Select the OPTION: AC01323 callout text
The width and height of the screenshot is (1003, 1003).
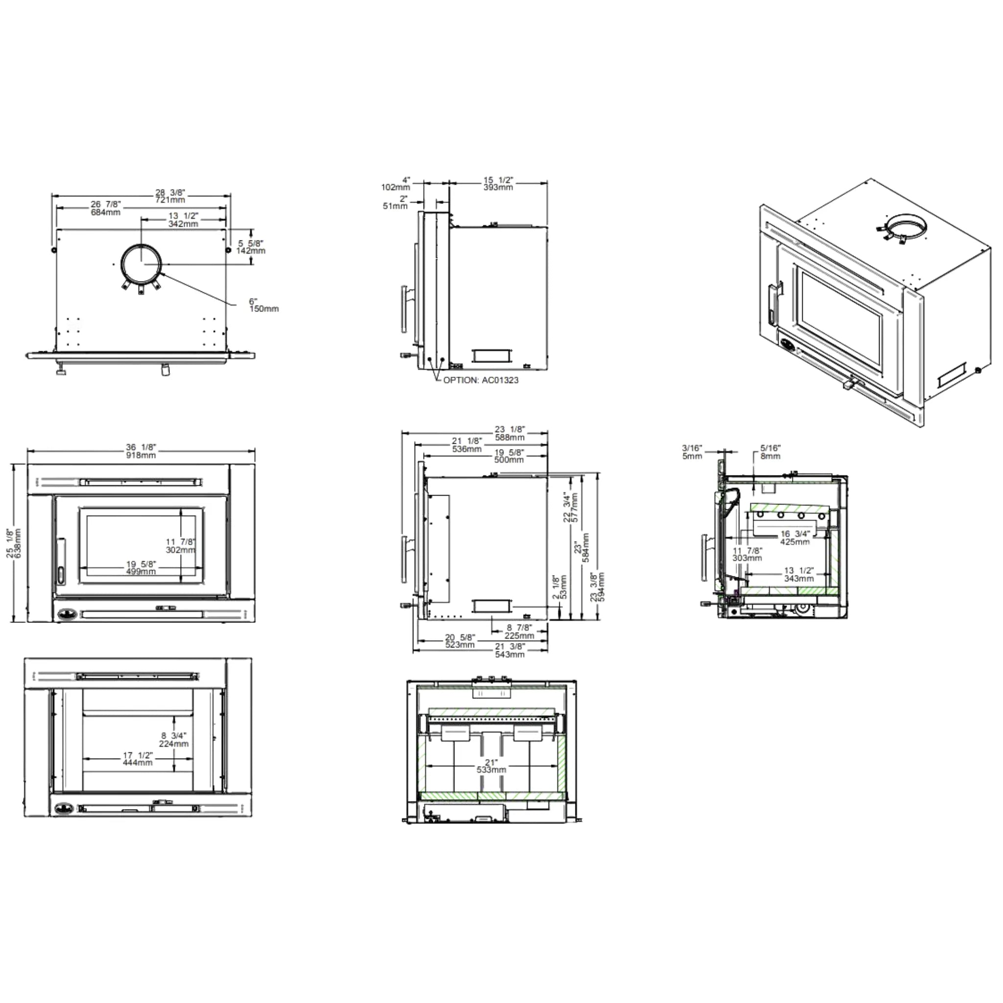(x=481, y=380)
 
